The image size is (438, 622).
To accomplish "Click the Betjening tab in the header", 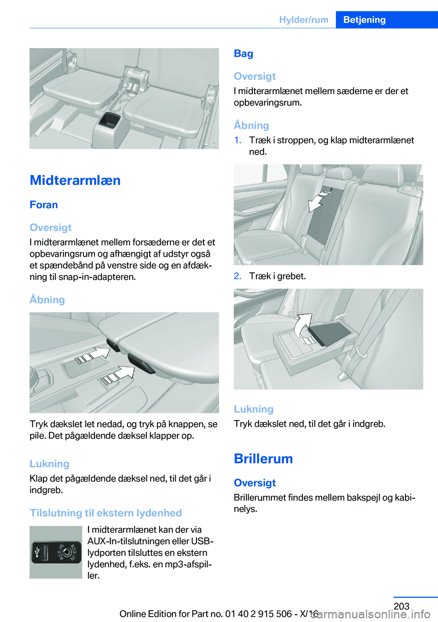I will click(364, 20).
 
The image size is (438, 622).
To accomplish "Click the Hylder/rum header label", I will click(303, 20).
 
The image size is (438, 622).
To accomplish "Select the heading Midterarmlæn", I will click(75, 180).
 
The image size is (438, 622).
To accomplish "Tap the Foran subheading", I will click(44, 205).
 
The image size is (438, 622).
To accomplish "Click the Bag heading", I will click(243, 53).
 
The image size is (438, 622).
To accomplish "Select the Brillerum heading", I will click(263, 459).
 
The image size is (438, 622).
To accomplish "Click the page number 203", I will click(401, 606).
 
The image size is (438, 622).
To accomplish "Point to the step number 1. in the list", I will click(238, 140).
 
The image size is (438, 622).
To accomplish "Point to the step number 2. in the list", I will click(238, 276).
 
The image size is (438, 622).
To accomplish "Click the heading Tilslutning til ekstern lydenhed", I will click(106, 513).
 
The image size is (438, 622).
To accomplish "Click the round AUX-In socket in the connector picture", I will click(67, 553).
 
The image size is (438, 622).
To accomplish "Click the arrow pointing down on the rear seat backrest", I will click(318, 201).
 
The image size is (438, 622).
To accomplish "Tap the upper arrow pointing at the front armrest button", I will click(95, 355).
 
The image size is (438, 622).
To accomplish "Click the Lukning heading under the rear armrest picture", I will click(254, 409).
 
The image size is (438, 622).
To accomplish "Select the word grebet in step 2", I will click(291, 276).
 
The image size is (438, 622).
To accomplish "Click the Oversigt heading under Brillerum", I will click(255, 483).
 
